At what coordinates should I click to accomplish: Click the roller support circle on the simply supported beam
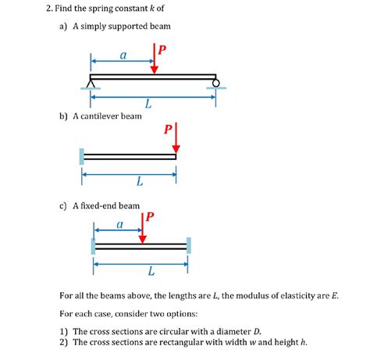point(215,83)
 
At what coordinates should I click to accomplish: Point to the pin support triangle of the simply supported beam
point(92,83)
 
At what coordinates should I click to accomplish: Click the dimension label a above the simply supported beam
point(123,55)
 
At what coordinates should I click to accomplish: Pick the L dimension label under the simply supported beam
point(148,104)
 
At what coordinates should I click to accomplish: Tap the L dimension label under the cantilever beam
point(139,182)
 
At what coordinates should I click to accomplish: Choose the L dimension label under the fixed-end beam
point(151,272)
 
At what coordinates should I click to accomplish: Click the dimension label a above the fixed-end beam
point(119,224)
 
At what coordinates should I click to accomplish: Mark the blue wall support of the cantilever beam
point(80,156)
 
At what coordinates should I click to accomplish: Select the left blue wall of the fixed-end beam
point(93,246)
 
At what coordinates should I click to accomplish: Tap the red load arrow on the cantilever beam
point(177,138)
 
